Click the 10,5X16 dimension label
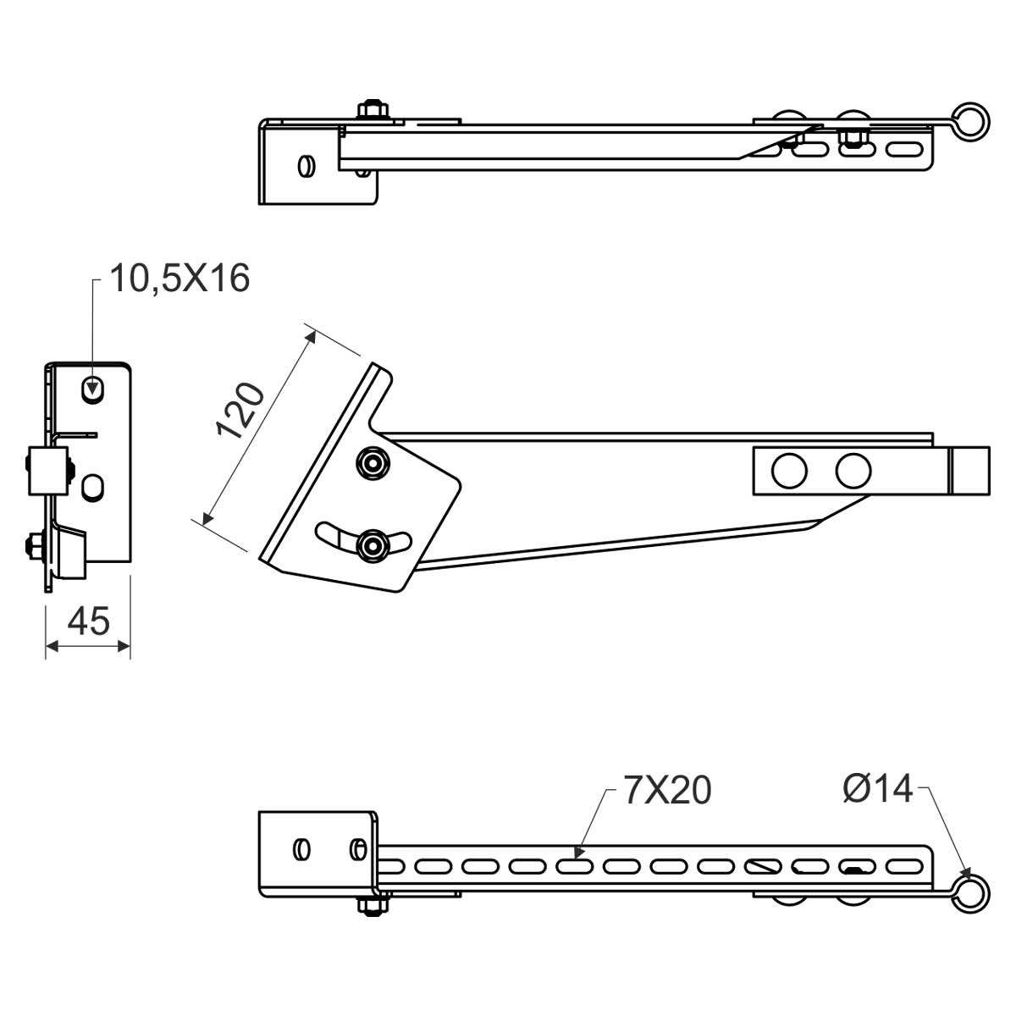180,278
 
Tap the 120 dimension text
242,410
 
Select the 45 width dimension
88,621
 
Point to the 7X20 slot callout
667,790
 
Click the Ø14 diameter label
878,789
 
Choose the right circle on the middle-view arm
853,471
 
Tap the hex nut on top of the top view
372,111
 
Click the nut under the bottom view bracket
370,905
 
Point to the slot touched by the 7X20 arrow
574,866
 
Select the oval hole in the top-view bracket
305,165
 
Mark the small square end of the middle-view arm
969,471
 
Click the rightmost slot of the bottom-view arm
903,866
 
